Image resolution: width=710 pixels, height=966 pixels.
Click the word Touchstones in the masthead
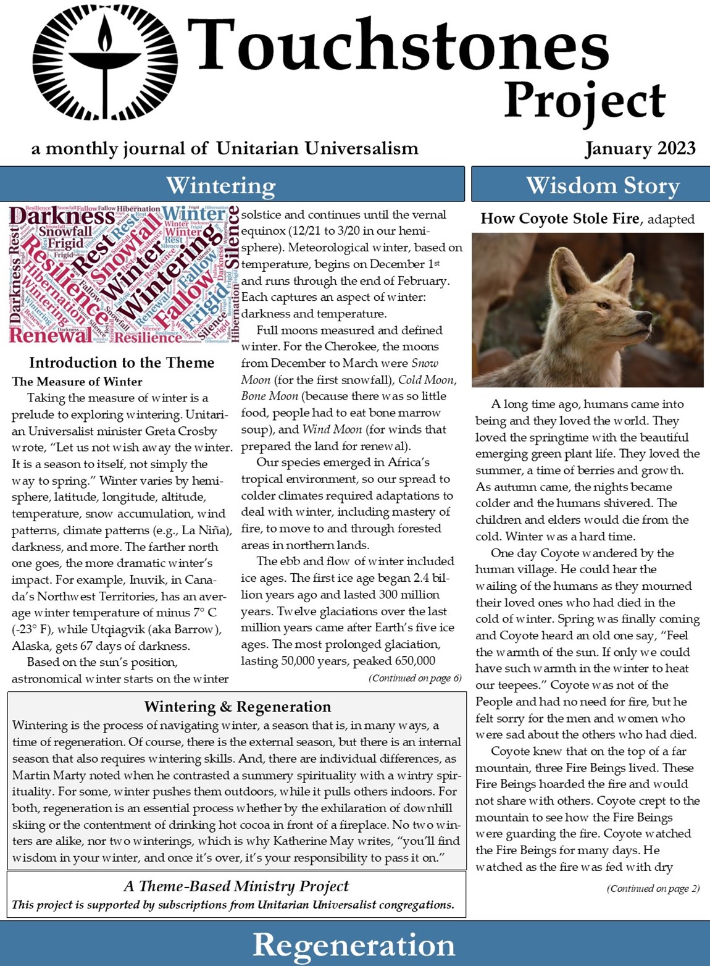tap(398, 45)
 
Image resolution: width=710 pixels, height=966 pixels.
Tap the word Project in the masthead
tap(584, 101)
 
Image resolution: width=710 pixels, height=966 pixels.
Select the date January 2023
tap(640, 149)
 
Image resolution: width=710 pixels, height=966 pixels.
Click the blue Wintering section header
tap(220, 185)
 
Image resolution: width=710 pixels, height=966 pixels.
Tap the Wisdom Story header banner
tap(603, 185)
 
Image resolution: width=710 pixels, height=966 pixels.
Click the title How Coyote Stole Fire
tap(559, 219)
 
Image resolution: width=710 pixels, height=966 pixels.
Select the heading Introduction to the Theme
tap(122, 363)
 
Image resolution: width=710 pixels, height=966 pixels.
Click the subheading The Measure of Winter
tap(77, 382)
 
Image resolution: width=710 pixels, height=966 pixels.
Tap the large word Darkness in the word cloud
tap(62, 216)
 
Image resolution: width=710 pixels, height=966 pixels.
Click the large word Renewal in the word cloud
tap(51, 335)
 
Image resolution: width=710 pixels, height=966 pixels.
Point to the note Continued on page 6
tap(415, 678)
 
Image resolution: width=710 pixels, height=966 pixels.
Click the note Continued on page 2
tap(653, 889)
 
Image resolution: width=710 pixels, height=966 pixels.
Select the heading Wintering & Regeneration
tap(238, 707)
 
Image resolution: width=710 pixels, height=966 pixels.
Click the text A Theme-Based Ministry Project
tap(236, 886)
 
